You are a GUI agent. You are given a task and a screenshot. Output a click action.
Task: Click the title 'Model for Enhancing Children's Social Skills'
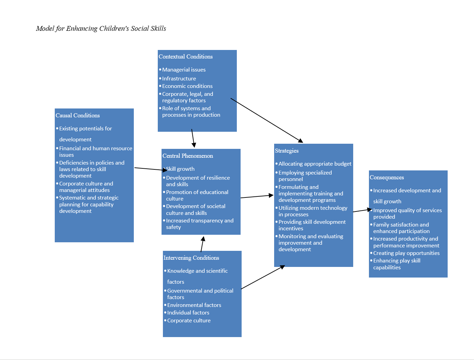coord(101,29)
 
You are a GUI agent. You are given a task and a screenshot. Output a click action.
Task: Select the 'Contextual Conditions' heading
coord(185,57)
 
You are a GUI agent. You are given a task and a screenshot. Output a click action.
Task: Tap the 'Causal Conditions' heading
coord(78,116)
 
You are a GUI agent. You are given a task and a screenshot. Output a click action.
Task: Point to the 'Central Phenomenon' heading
coord(188,156)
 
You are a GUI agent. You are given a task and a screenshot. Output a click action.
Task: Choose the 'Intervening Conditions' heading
coord(191,258)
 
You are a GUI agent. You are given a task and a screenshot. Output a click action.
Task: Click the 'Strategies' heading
coord(287,151)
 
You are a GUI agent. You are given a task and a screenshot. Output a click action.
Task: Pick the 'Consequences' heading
coord(387,178)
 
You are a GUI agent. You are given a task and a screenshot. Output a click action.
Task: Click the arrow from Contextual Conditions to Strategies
coord(267,120)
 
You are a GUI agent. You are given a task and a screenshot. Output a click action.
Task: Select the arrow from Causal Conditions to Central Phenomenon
coord(151,169)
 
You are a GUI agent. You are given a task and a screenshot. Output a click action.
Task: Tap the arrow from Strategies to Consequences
coord(362,210)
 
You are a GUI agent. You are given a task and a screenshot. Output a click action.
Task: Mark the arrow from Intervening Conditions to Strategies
coord(263,277)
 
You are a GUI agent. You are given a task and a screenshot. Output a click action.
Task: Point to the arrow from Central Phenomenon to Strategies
coord(257,196)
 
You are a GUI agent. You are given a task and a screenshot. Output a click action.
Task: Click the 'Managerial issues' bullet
coord(184,70)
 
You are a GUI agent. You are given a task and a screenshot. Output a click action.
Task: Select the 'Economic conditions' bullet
coord(187,86)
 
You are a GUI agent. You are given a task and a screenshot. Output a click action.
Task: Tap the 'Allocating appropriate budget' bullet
coord(315,164)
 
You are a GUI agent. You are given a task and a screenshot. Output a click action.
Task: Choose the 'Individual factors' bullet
coord(188,313)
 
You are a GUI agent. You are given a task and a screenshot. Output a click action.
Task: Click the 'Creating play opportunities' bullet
coord(406,253)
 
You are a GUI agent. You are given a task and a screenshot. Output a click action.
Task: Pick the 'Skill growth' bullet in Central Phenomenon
coord(180,169)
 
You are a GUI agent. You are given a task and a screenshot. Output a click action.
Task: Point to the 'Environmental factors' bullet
coord(194,305)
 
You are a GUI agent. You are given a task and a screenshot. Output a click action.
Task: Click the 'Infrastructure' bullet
coord(179,79)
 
